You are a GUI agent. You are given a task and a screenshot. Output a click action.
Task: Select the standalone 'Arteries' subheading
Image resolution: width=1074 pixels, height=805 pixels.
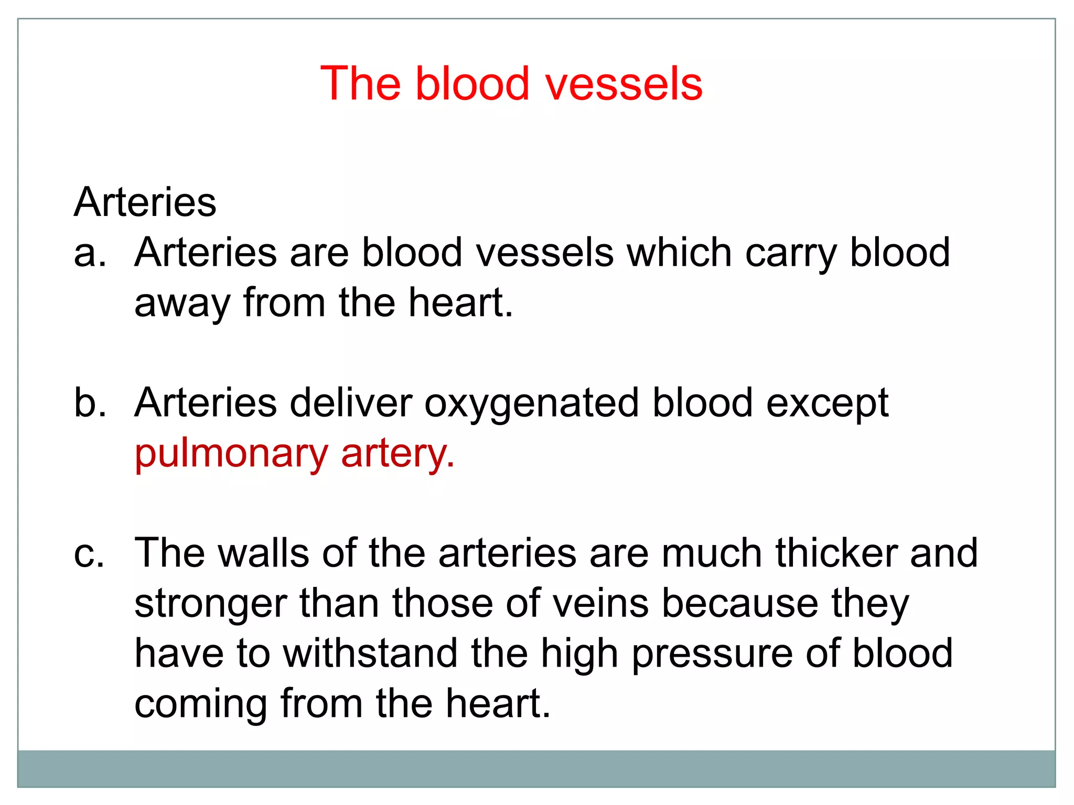(x=145, y=202)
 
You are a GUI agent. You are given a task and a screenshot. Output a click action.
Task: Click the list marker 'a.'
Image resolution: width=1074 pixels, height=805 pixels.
(x=90, y=253)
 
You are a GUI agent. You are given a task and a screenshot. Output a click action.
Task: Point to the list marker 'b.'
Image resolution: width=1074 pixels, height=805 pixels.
(x=90, y=403)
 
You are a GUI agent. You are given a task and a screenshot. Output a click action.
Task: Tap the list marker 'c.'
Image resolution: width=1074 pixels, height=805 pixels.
(x=89, y=554)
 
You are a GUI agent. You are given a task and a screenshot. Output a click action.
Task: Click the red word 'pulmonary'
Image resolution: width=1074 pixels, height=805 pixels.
(x=231, y=454)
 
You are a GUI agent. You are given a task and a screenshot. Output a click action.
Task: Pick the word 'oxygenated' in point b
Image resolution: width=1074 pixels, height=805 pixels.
(x=532, y=404)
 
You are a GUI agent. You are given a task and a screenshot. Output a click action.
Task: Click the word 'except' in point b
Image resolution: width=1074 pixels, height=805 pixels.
(x=828, y=404)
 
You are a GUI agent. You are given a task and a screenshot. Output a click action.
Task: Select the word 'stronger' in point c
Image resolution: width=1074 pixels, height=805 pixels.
(x=210, y=604)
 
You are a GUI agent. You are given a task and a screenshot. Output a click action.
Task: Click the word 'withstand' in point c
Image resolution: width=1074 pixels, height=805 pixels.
(x=370, y=654)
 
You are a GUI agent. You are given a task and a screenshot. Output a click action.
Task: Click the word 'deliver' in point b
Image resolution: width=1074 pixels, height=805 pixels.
(x=351, y=403)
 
